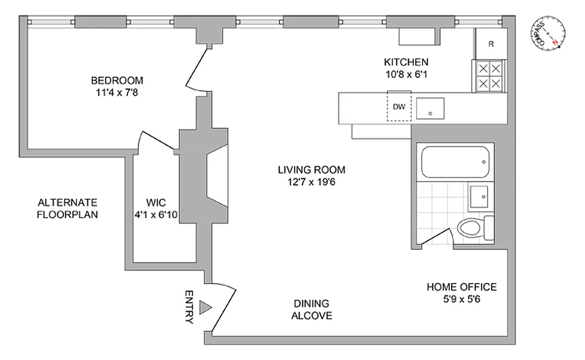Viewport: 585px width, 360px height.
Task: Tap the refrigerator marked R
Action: point(491,44)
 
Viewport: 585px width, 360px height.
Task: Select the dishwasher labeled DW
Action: point(399,107)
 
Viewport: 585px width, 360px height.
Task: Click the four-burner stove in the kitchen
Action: point(489,76)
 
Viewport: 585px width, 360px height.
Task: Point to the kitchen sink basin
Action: point(430,108)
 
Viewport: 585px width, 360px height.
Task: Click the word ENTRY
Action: point(189,307)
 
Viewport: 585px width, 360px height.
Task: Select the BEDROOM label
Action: point(117,81)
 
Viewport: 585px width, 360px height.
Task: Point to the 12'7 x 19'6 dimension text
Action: point(311,181)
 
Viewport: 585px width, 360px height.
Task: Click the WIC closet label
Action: point(156,203)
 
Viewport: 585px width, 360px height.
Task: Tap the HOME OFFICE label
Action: point(462,287)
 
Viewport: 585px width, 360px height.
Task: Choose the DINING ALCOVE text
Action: point(311,310)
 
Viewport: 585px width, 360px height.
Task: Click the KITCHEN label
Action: point(405,62)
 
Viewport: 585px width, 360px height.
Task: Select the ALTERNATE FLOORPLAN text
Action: point(67,208)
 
